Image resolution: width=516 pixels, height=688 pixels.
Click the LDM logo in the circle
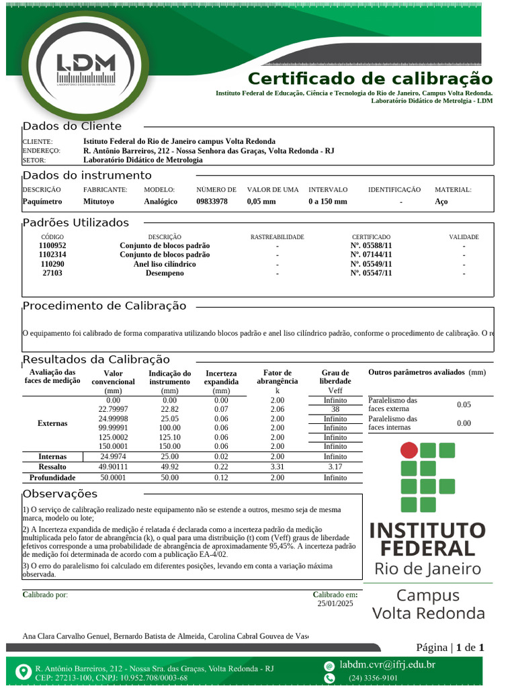[x=85, y=68]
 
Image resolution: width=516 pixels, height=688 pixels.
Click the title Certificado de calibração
[x=370, y=78]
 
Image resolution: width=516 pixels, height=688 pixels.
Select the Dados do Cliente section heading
[x=73, y=126]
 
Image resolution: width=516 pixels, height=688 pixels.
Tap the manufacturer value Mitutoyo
[x=99, y=202]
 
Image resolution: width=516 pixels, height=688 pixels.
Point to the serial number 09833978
[x=212, y=202]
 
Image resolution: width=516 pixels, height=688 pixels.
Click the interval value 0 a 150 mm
[x=328, y=202]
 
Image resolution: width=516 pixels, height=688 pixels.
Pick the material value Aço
[x=441, y=202]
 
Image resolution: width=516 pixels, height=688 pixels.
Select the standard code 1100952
[x=52, y=246]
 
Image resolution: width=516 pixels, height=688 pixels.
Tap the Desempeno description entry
[x=165, y=273]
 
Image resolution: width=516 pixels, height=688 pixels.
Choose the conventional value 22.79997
[x=113, y=409]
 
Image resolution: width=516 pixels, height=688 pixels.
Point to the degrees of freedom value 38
[x=335, y=409]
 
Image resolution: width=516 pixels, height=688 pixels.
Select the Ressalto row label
[x=52, y=466]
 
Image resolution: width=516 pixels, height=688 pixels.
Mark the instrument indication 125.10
[x=169, y=437]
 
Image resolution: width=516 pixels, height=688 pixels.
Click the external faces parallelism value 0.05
[x=464, y=404]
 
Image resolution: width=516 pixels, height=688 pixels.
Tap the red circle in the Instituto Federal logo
[x=409, y=450]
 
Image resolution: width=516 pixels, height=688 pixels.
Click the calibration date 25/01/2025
[x=335, y=604]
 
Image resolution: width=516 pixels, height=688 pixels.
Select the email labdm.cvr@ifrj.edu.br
[x=387, y=665]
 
